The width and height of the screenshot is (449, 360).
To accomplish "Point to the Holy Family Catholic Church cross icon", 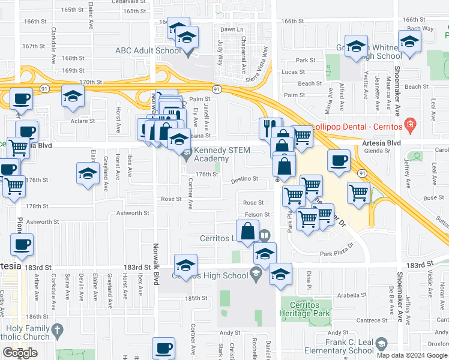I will tap(57, 331).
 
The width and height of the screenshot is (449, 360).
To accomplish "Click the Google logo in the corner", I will tap(20, 353).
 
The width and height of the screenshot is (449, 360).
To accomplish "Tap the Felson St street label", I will tap(257, 214).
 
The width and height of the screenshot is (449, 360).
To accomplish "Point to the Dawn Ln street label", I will tap(232, 29).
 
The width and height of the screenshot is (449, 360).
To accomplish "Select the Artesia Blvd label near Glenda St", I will tap(382, 143).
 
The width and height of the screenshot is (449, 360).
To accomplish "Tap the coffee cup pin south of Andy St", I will tap(163, 347).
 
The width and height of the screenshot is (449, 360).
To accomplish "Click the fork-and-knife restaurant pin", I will tap(271, 127).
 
